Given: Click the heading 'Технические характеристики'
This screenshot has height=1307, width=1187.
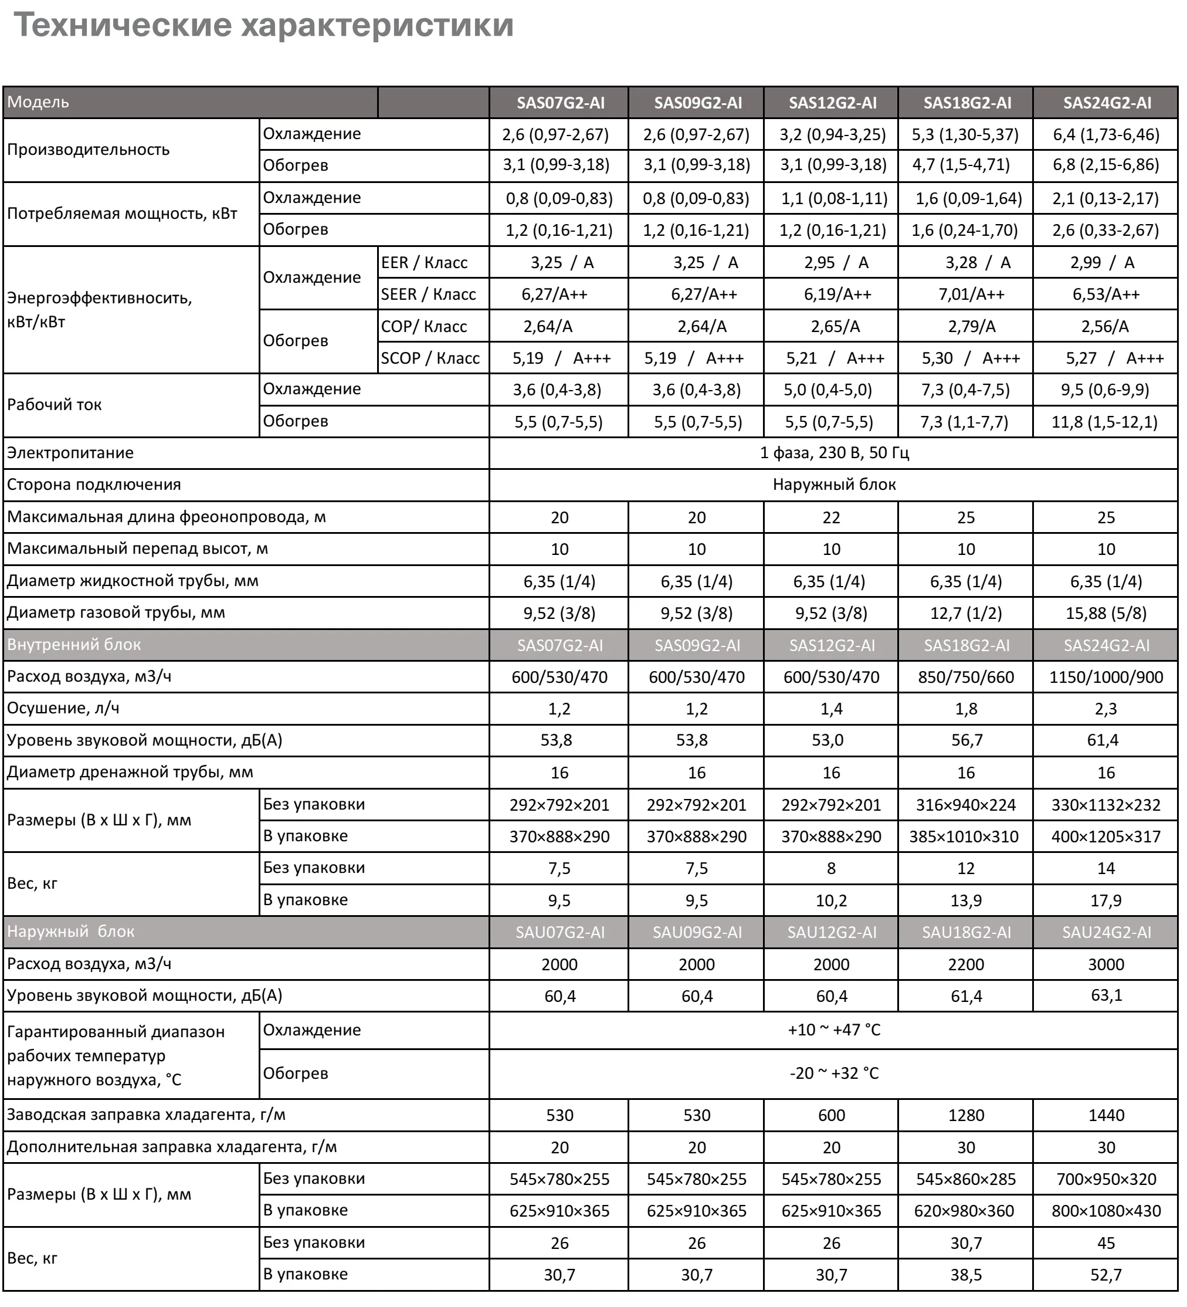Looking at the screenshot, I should (263, 26).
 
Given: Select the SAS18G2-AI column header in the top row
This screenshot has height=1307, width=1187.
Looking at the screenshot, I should (966, 103).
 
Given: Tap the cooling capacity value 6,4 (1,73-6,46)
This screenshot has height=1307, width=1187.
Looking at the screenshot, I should (1105, 135).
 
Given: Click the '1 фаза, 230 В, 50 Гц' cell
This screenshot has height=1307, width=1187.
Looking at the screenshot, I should (834, 452).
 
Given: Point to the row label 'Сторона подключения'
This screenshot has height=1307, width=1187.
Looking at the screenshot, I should (94, 485).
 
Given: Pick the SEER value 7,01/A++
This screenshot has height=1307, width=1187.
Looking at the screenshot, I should (971, 294).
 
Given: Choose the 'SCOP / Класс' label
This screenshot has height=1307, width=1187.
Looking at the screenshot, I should (430, 358).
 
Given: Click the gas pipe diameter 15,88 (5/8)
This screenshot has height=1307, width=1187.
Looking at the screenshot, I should (1105, 612).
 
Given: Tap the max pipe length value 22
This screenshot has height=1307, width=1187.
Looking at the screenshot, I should (831, 517).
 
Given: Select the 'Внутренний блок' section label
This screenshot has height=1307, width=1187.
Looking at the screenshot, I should (74, 645).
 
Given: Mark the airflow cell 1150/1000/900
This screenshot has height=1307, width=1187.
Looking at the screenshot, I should (1105, 677).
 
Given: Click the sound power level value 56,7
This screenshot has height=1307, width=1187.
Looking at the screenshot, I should (966, 740).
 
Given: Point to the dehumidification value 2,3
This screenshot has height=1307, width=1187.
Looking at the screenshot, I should (1105, 709).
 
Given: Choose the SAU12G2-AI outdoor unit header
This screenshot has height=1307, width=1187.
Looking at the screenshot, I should (831, 932).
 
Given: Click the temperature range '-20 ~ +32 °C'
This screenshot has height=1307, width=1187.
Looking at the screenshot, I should (834, 1073).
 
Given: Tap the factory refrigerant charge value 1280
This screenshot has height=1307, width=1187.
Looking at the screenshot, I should (966, 1115).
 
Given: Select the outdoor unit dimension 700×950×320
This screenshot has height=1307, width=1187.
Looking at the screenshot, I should (1105, 1179).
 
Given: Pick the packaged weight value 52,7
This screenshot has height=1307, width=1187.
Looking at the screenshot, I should (1105, 1275).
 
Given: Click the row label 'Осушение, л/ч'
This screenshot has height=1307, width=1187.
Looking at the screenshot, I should (63, 708).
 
